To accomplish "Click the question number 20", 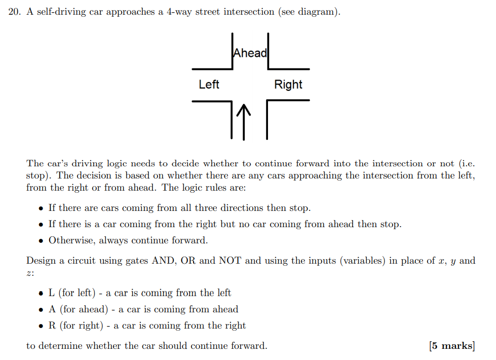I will coord(14,12).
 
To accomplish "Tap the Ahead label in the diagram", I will coord(250,53).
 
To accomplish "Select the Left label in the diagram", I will coord(209,84).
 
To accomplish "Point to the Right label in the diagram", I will coord(288,84).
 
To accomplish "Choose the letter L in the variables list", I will coord(52,293).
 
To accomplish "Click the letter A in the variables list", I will coord(52,309).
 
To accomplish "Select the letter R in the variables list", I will coord(52,325).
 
